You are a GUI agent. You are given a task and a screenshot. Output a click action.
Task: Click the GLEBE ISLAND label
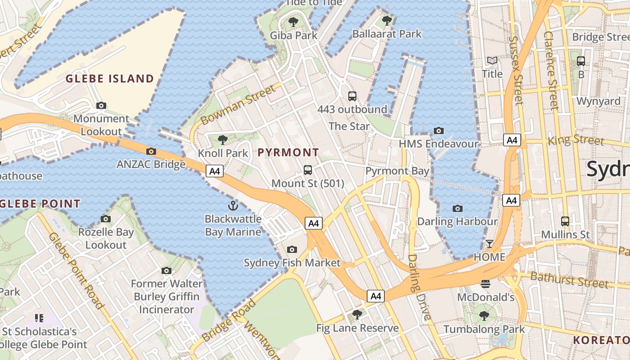click(x=110, y=79)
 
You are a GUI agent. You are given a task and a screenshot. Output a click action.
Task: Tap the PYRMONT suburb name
click(x=288, y=153)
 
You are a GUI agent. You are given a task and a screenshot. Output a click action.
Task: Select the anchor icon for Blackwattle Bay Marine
click(x=233, y=206)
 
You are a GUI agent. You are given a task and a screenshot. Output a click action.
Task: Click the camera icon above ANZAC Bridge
click(x=151, y=151)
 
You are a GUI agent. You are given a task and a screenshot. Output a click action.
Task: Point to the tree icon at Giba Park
click(x=293, y=22)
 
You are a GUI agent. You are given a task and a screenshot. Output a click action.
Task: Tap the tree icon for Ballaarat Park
click(x=387, y=20)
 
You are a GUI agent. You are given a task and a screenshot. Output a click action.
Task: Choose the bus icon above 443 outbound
click(x=352, y=96)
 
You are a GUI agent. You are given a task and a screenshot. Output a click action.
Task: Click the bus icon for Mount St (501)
click(x=308, y=170)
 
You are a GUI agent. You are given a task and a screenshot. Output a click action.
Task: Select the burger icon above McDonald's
click(x=485, y=284)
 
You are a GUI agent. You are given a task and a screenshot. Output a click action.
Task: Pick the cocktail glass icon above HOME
click(x=489, y=244)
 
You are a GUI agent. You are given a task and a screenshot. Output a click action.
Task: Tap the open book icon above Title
click(x=492, y=60)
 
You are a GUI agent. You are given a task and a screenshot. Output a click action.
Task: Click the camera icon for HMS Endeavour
click(x=438, y=130)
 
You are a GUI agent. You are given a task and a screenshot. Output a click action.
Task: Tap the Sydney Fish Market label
click(x=292, y=263)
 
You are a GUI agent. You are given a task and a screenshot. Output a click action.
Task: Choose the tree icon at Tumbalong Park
click(x=484, y=315)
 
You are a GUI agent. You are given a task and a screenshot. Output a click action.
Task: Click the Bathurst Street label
click(x=569, y=279)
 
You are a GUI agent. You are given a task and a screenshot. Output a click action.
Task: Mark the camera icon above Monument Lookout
click(x=101, y=105)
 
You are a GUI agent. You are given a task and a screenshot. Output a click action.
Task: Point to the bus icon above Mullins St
click(x=565, y=221)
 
